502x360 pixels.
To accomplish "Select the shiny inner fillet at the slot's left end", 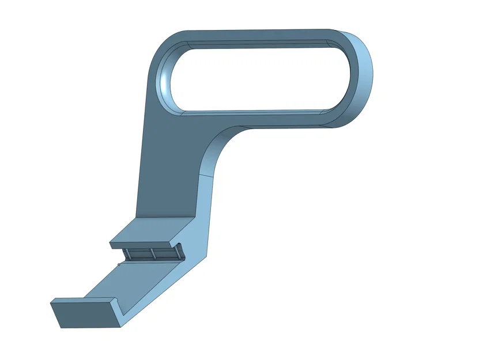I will [x=165, y=81].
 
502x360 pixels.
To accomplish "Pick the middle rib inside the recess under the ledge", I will [x=153, y=254].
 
